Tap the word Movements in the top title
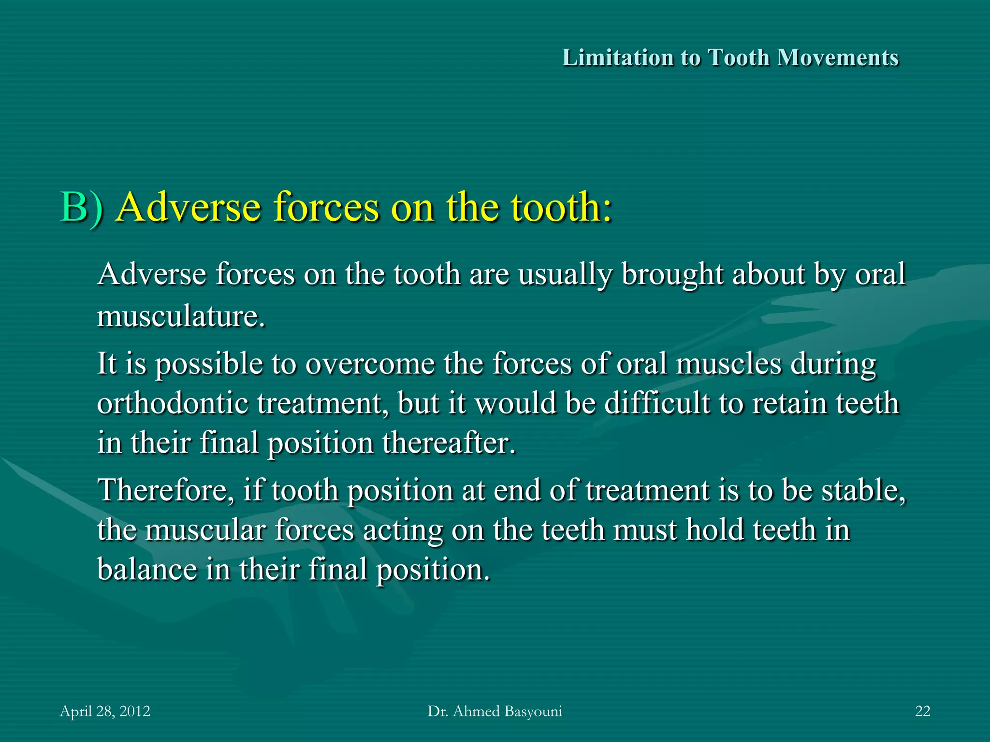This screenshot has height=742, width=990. point(837,57)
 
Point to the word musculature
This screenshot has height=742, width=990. point(181,316)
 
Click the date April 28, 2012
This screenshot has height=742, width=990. point(105,711)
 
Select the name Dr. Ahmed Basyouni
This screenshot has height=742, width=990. point(495,711)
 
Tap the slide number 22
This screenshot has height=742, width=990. point(922,711)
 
